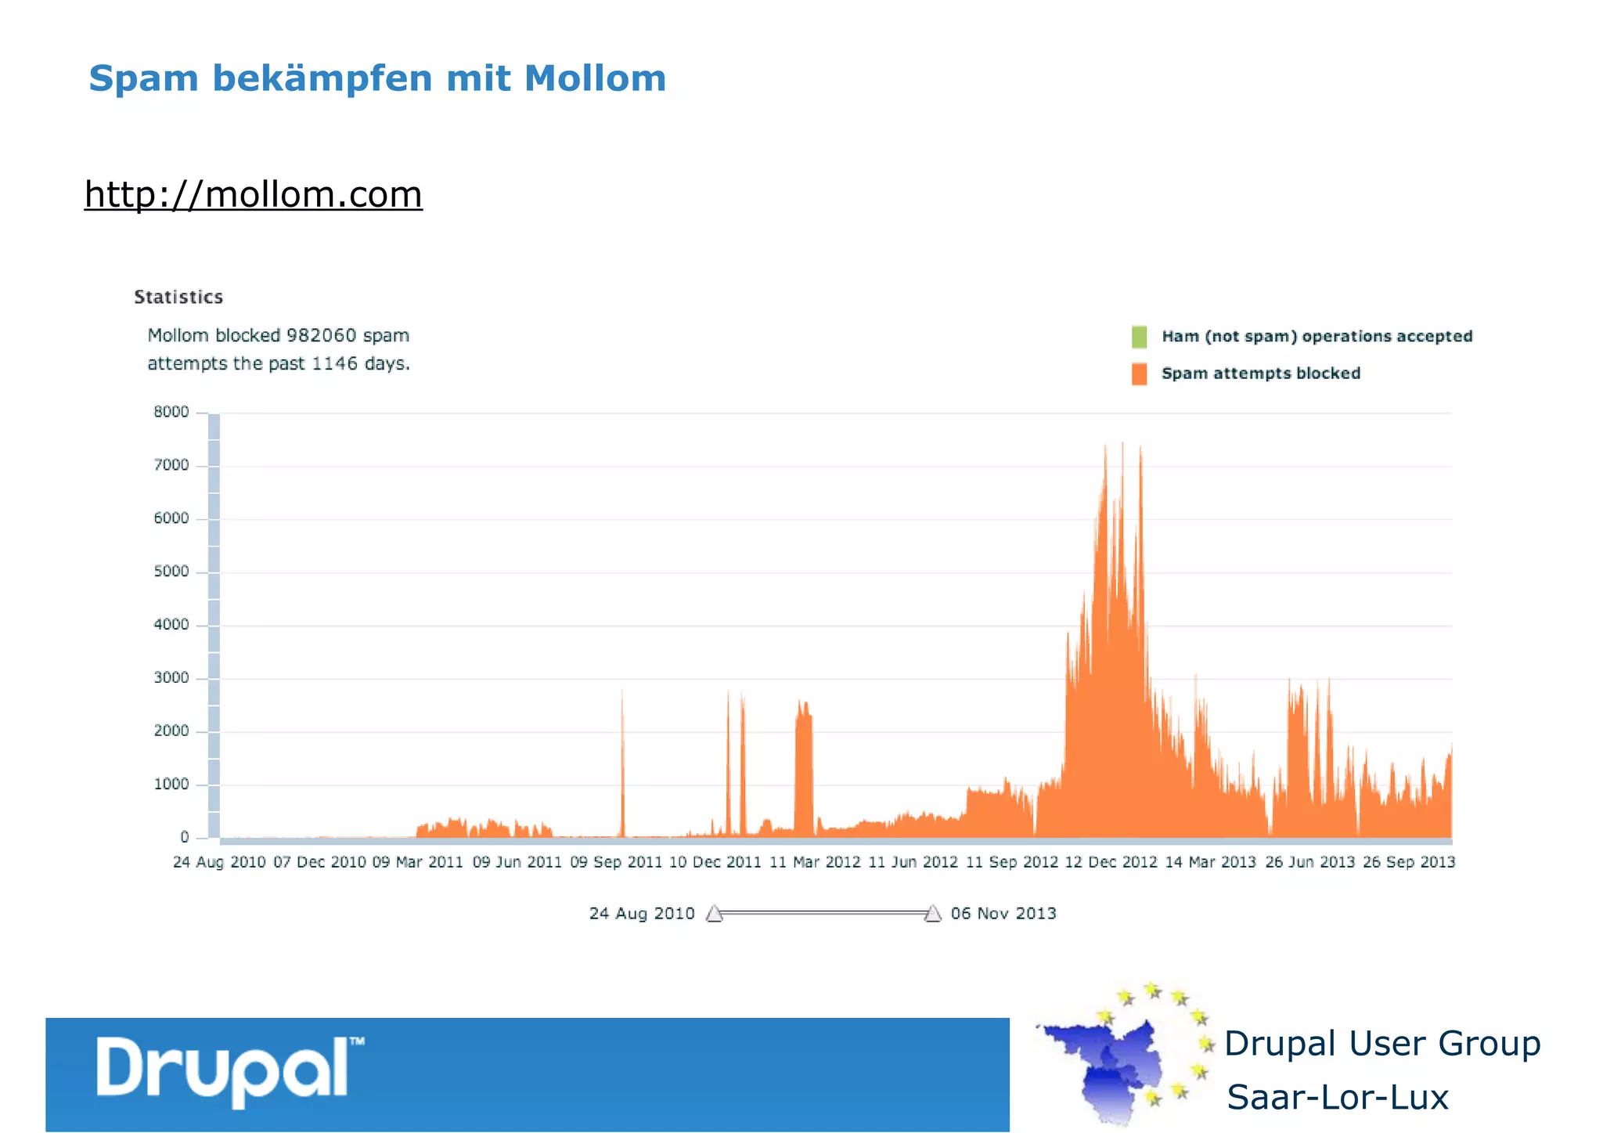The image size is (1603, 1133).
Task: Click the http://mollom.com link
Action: coord(253,194)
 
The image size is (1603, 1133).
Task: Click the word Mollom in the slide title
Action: coord(595,78)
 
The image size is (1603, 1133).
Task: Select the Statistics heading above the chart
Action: coord(178,298)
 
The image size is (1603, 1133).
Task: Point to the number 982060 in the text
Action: coord(321,336)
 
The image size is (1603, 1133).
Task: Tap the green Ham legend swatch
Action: coord(1139,337)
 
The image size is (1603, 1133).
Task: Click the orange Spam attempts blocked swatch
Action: coord(1139,373)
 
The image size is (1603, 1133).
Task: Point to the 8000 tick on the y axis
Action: coord(171,412)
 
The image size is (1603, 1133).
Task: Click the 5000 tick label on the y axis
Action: coord(171,572)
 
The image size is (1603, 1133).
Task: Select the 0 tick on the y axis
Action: coord(185,837)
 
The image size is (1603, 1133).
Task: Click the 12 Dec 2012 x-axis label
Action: coord(1111,862)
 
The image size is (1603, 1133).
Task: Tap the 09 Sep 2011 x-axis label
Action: coord(616,862)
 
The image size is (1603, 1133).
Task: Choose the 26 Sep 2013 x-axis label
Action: coord(1408,862)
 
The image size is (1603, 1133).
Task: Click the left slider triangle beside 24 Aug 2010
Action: coord(714,914)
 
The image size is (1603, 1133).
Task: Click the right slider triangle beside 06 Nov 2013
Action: coord(932,914)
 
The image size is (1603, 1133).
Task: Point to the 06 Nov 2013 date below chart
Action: coord(1003,914)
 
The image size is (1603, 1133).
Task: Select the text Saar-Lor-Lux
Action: coord(1337,1097)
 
